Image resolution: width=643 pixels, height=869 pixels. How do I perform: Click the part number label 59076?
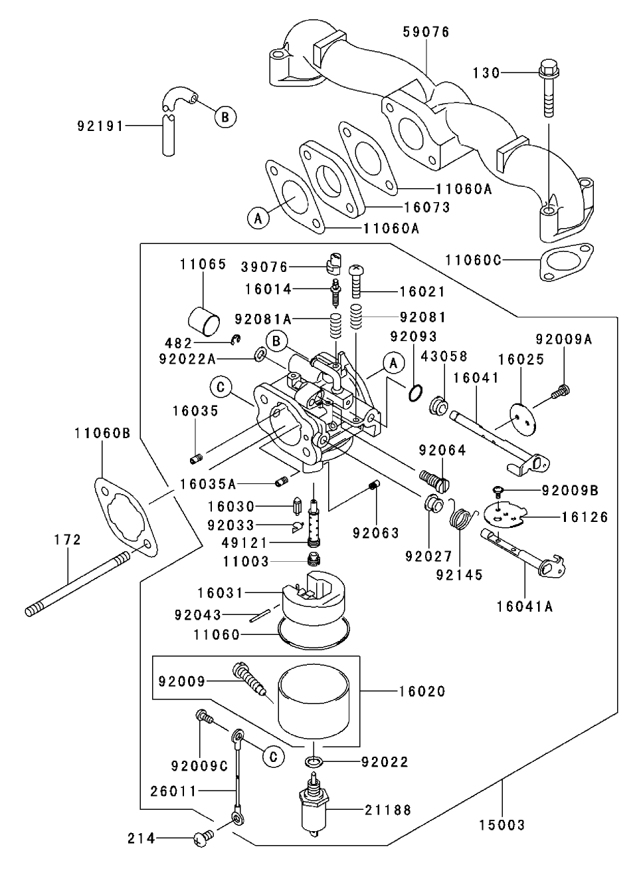point(426,32)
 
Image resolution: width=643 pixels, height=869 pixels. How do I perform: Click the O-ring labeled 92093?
point(414,393)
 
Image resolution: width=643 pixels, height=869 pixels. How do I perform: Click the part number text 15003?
point(502,825)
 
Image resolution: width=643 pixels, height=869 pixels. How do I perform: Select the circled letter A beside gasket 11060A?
point(259,217)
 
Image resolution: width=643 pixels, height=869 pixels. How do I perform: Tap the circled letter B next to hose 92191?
point(225,117)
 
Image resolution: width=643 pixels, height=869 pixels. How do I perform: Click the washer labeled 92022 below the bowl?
point(316,761)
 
